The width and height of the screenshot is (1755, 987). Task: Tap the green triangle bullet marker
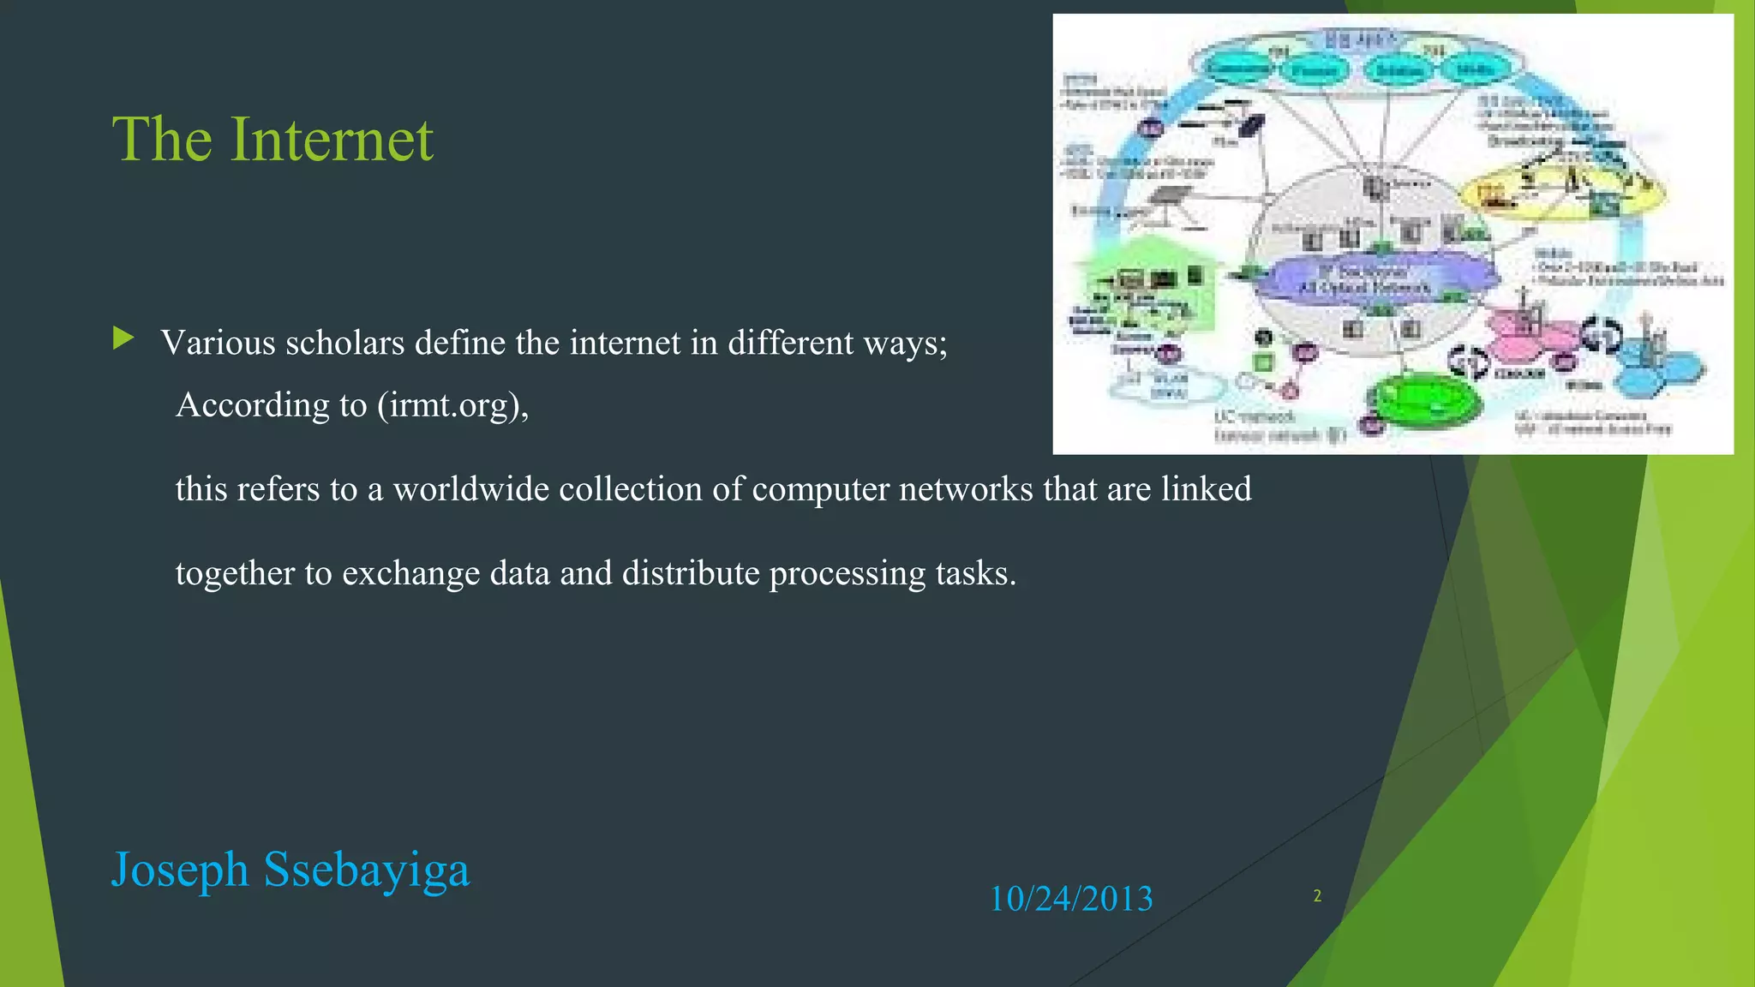click(123, 338)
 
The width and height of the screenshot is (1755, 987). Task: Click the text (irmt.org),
click(453, 405)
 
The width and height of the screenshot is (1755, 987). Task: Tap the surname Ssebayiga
click(367, 870)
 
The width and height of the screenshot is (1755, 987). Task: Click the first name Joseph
click(180, 870)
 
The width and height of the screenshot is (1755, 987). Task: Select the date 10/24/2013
click(1071, 899)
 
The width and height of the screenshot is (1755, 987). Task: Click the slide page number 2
click(1317, 896)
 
